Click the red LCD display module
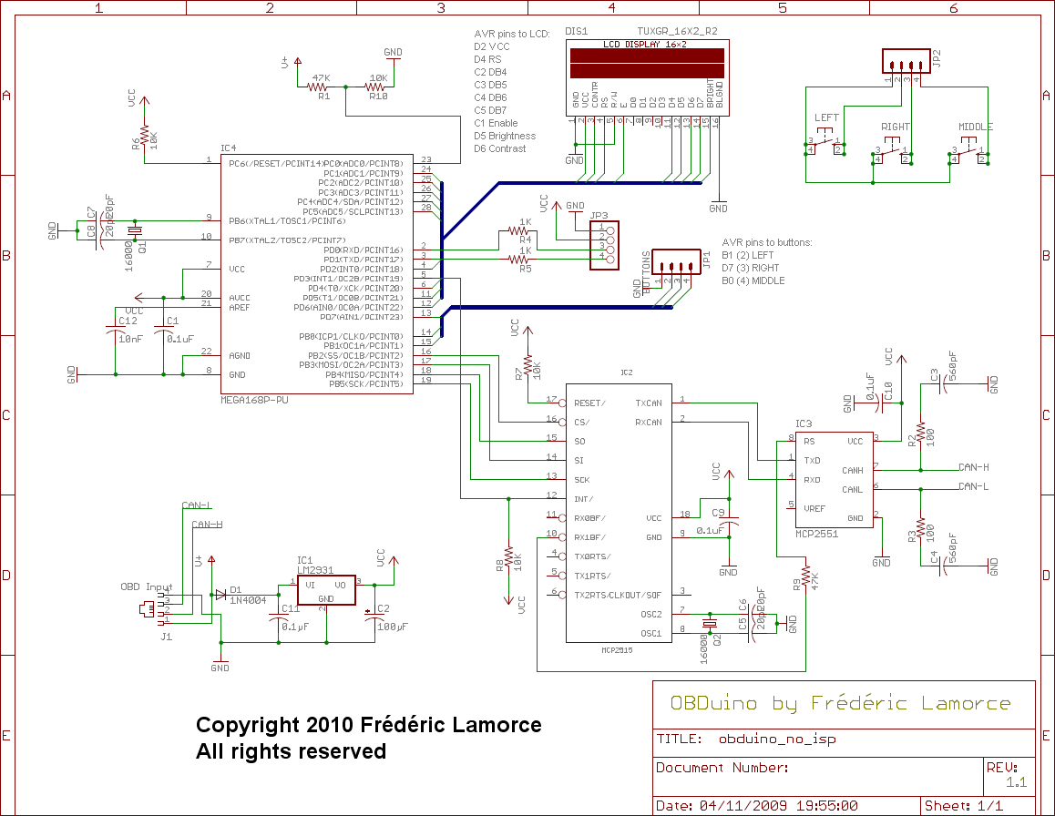click(648, 63)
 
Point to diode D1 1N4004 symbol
click(220, 595)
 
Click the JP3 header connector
click(604, 245)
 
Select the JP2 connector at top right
click(906, 62)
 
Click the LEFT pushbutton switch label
click(826, 118)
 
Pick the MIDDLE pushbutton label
click(975, 127)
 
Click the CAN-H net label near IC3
click(973, 467)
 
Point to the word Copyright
click(251, 726)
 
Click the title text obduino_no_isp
click(776, 739)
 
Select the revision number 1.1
click(1016, 782)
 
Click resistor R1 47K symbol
click(318, 87)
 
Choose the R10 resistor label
click(378, 96)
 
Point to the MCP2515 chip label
click(616, 650)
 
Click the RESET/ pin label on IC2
click(590, 403)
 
